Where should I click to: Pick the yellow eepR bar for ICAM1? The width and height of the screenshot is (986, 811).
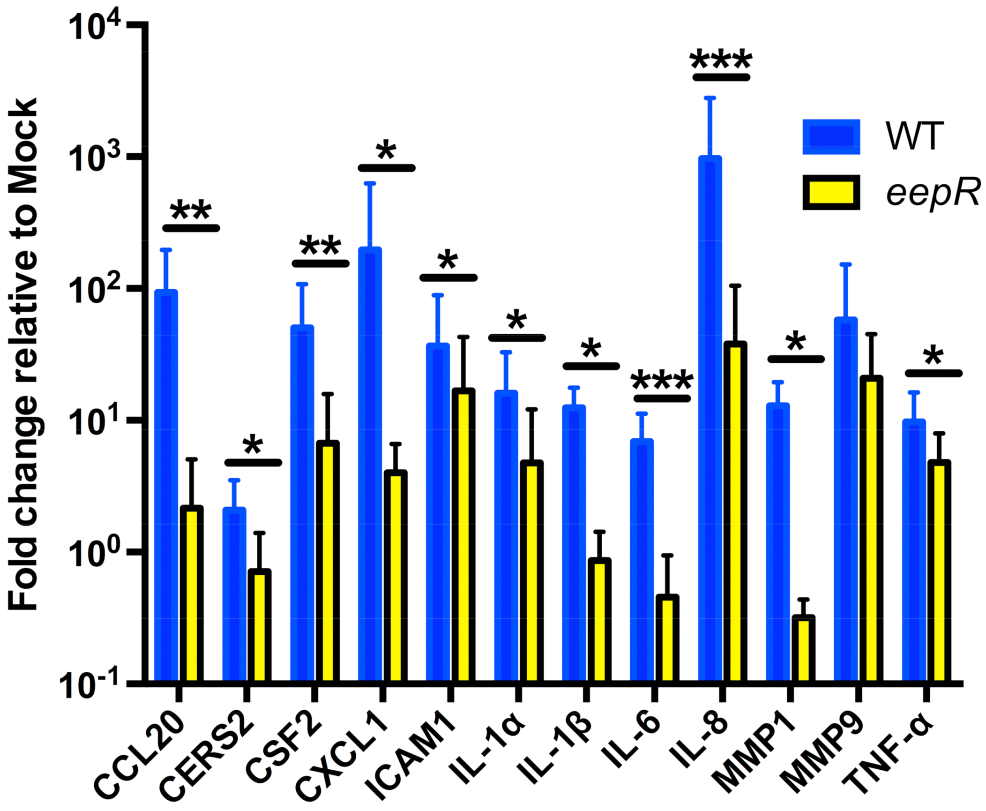click(x=463, y=534)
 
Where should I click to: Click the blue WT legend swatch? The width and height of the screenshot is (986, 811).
click(x=831, y=137)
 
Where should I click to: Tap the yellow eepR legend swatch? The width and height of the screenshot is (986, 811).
click(x=831, y=192)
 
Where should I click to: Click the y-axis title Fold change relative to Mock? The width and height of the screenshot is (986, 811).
click(x=23, y=354)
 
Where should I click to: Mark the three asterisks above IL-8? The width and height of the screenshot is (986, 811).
click(x=721, y=60)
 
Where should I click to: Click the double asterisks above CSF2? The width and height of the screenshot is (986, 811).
click(x=320, y=246)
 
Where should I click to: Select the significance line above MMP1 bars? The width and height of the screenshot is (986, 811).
click(x=795, y=359)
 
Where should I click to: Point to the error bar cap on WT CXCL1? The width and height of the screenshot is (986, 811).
click(x=370, y=183)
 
